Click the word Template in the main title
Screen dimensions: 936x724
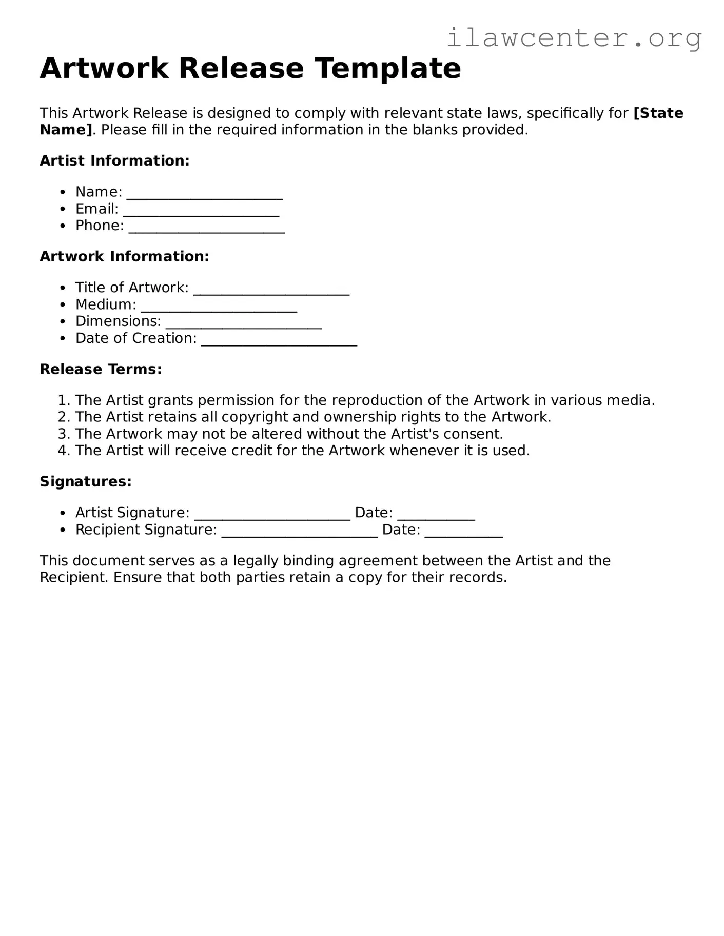[388, 68]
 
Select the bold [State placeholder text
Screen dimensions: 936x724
[658, 113]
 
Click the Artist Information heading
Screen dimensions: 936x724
[114, 160]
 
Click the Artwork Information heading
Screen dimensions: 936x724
[124, 256]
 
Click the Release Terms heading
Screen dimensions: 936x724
[101, 369]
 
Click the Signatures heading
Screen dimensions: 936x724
[86, 481]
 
